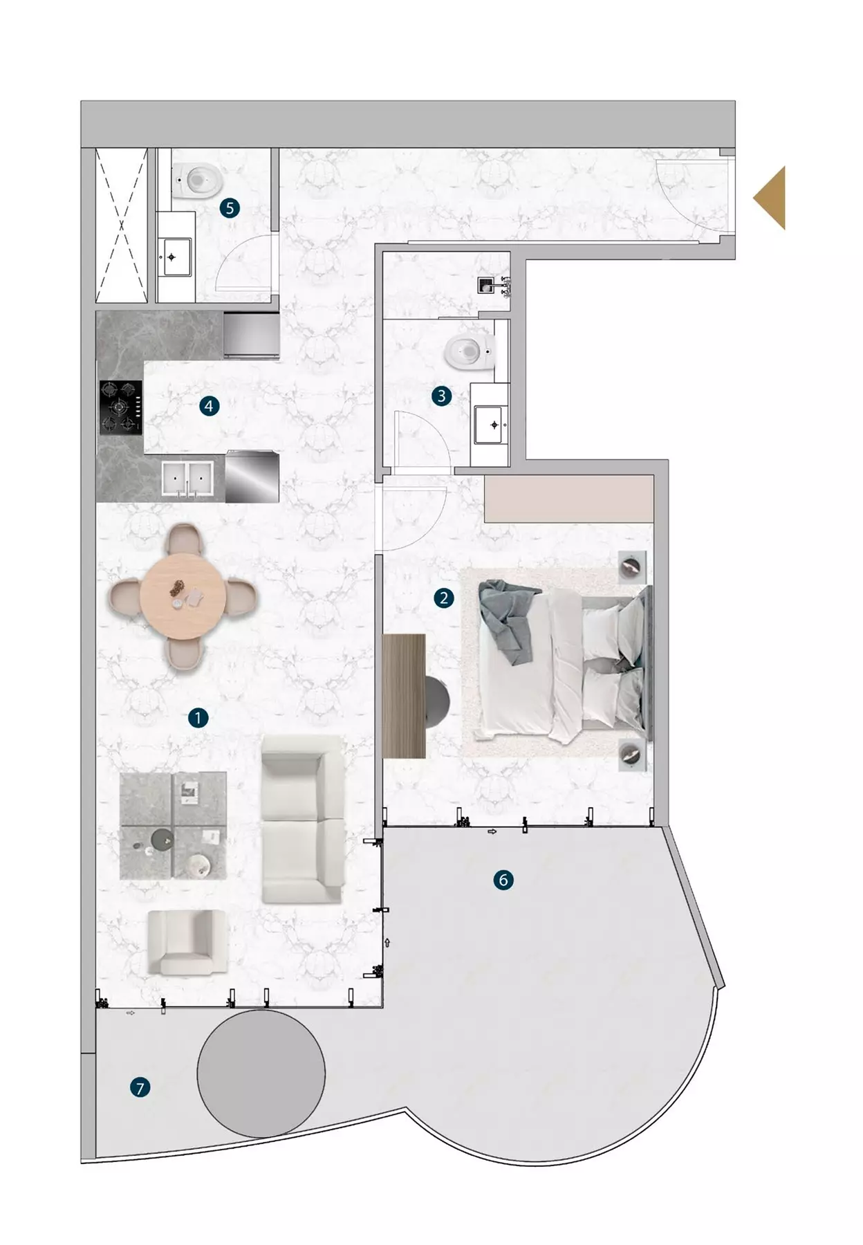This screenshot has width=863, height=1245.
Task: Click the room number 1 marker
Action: [x=198, y=718]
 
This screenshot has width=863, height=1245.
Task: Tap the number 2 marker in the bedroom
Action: [x=443, y=598]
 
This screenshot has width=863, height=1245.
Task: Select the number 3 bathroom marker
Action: [x=441, y=396]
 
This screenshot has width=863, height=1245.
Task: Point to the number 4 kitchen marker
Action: [x=209, y=406]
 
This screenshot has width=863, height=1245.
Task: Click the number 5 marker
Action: [x=230, y=207]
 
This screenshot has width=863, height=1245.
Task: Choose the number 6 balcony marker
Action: [x=503, y=880]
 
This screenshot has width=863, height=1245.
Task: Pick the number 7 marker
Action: [x=140, y=1088]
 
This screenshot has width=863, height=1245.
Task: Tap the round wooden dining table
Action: [x=183, y=597]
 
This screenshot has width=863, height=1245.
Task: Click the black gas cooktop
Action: [x=121, y=407]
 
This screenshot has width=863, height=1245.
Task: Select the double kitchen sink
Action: [x=187, y=479]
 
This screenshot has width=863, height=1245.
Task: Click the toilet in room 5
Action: [x=198, y=180]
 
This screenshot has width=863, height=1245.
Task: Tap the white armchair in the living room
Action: [x=187, y=942]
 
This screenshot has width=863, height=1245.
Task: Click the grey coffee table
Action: [x=173, y=825]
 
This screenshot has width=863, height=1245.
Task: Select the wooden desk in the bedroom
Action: [x=405, y=696]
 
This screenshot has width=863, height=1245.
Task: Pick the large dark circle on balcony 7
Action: [x=261, y=1073]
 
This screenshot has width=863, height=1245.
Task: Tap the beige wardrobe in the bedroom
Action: [x=569, y=499]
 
